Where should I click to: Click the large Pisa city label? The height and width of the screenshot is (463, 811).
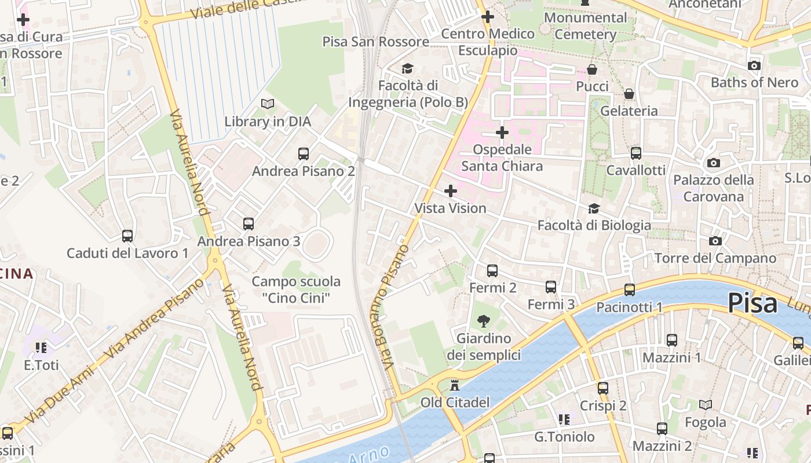(752, 303)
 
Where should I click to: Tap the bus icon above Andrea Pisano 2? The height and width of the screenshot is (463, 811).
(303, 154)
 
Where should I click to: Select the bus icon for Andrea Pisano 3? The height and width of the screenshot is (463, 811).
(249, 223)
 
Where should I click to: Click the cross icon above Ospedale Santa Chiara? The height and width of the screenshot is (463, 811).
(502, 133)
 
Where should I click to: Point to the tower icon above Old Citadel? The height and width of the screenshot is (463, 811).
(455, 385)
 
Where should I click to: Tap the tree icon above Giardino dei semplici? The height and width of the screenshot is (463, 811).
(483, 321)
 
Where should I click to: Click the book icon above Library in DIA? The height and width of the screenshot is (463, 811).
(267, 104)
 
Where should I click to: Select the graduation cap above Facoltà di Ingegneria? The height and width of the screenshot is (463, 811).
(407, 68)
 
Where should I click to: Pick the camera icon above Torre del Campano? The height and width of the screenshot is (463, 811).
(715, 241)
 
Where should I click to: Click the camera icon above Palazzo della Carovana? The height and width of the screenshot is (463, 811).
(714, 163)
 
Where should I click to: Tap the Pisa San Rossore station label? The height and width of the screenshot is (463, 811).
(375, 42)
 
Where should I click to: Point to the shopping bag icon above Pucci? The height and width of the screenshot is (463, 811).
(592, 69)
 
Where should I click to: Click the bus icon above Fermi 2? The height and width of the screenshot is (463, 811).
(492, 270)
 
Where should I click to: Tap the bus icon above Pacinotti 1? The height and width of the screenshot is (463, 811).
(630, 290)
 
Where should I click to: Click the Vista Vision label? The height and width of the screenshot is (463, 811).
(450, 208)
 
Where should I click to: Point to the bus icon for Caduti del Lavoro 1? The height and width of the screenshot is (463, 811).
(127, 236)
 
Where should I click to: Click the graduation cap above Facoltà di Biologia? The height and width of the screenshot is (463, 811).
(594, 208)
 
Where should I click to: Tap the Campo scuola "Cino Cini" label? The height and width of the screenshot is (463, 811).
(296, 289)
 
